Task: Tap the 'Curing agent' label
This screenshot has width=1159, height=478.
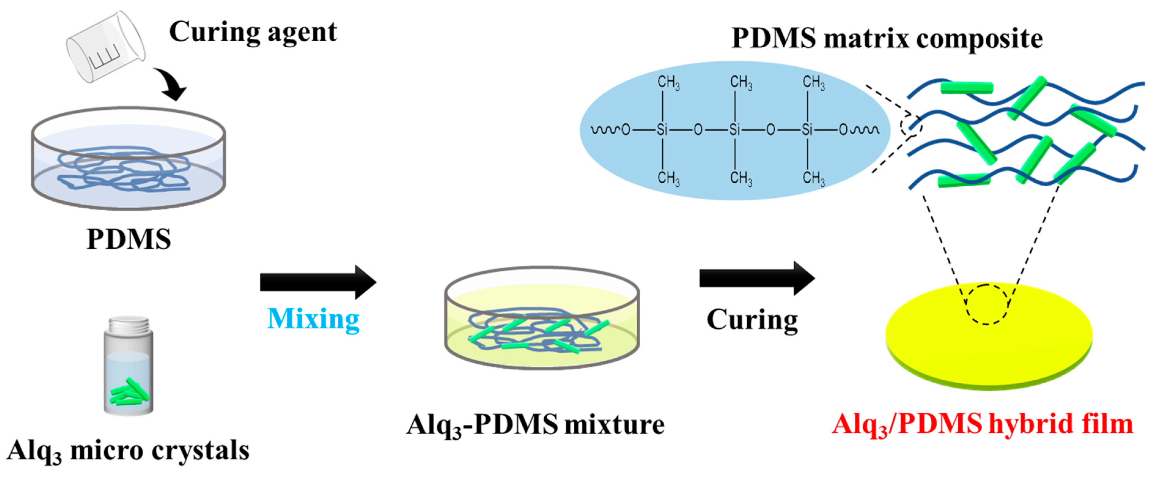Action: [253, 32]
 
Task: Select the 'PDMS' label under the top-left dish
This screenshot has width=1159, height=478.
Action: [129, 239]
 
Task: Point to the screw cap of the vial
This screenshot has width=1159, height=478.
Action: [129, 325]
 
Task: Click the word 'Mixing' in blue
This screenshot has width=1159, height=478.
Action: [313, 319]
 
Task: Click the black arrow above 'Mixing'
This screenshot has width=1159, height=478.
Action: [318, 282]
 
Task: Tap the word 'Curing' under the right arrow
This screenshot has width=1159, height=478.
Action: [752, 320]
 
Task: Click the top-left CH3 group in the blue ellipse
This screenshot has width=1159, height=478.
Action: [668, 83]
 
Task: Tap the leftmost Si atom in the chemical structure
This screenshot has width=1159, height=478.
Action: [662, 130]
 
